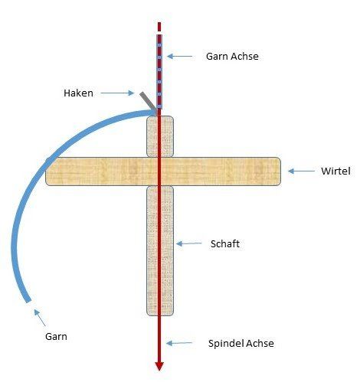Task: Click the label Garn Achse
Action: [232, 57]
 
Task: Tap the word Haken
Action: [78, 93]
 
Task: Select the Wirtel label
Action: [335, 171]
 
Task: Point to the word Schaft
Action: [225, 243]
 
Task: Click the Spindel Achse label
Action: [241, 343]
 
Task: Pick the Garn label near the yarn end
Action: [56, 337]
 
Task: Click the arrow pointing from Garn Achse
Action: [180, 56]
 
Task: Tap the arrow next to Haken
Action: [117, 93]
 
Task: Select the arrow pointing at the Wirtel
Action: [301, 171]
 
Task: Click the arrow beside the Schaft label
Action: [189, 243]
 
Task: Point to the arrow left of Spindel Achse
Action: [179, 343]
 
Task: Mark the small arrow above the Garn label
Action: [40, 318]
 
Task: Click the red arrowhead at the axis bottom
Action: [159, 366]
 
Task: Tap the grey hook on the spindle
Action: [148, 101]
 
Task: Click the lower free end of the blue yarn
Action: [28, 301]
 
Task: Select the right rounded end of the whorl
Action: [280, 171]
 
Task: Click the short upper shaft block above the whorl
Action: [160, 136]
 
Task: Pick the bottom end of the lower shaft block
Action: [160, 315]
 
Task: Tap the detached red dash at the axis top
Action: [159, 27]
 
